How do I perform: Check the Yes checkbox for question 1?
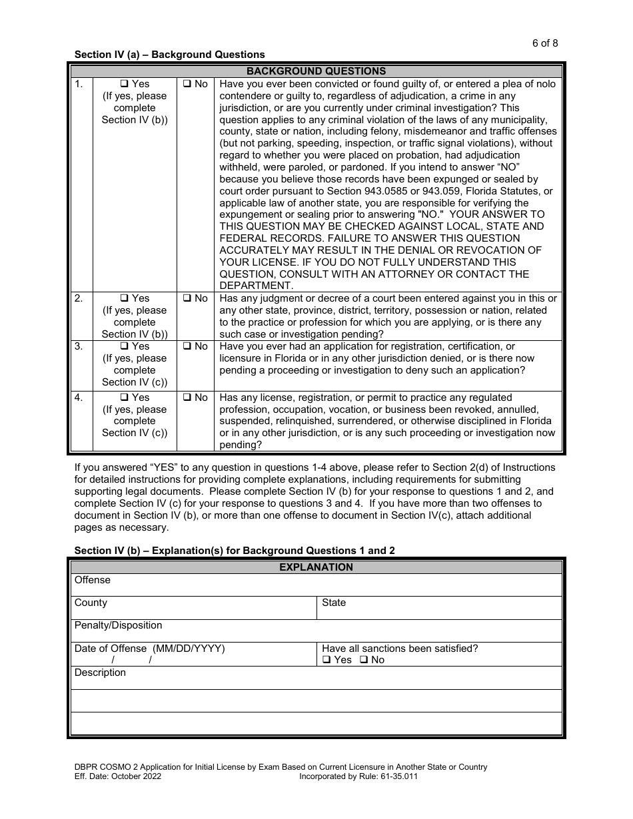tap(124, 85)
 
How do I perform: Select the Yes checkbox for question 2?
tap(124, 299)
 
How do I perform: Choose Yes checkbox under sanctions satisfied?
tap(326, 660)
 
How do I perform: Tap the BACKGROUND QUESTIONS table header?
tap(316, 71)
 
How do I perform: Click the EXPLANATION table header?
tap(316, 567)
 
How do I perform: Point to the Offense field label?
tap(93, 580)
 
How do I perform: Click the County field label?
tap(91, 603)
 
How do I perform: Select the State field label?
tap(334, 603)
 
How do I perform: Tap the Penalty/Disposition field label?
tap(118, 625)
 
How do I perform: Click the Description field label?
tap(100, 673)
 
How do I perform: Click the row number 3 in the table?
tap(79, 347)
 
